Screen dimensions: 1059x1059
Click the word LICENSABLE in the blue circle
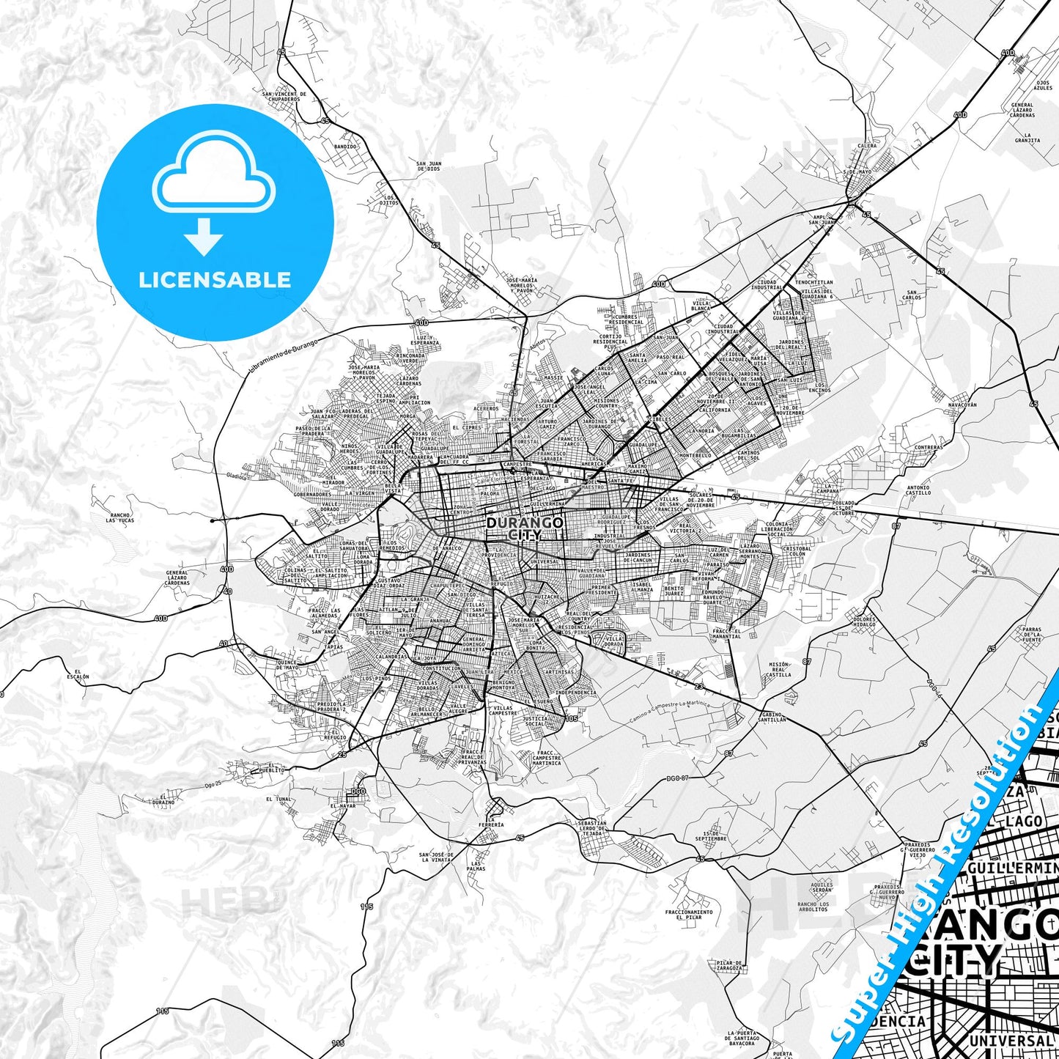click(x=215, y=279)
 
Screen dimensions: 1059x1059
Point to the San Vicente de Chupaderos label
click(x=285, y=97)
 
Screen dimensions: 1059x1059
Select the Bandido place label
click(x=345, y=147)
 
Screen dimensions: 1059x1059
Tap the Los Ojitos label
click(x=389, y=200)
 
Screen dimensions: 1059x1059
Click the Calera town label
click(x=867, y=146)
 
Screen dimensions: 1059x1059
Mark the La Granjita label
click(x=1027, y=138)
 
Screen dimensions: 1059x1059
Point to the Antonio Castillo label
click(x=918, y=490)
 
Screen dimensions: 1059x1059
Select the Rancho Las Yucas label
click(x=120, y=519)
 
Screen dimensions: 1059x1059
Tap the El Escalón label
click(x=81, y=675)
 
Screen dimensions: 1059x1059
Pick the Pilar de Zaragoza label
click(x=731, y=965)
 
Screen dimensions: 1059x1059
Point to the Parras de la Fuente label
click(x=1032, y=634)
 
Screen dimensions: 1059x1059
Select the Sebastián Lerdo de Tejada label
click(x=592, y=828)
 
